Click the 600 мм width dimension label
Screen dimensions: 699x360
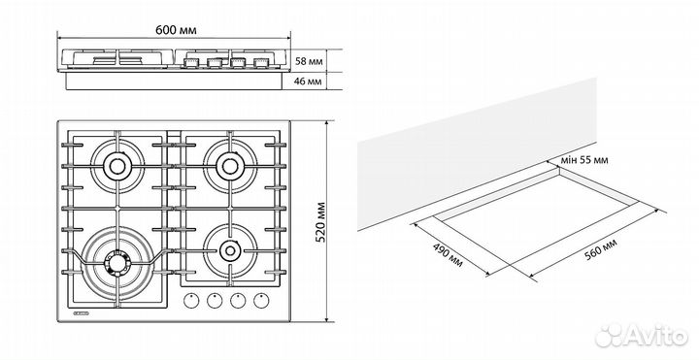(x=176, y=30)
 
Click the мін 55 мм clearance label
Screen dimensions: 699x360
(x=584, y=160)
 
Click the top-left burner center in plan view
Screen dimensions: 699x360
(x=117, y=166)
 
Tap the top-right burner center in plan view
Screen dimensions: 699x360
(x=230, y=166)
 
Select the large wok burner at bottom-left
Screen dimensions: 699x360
(x=117, y=262)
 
